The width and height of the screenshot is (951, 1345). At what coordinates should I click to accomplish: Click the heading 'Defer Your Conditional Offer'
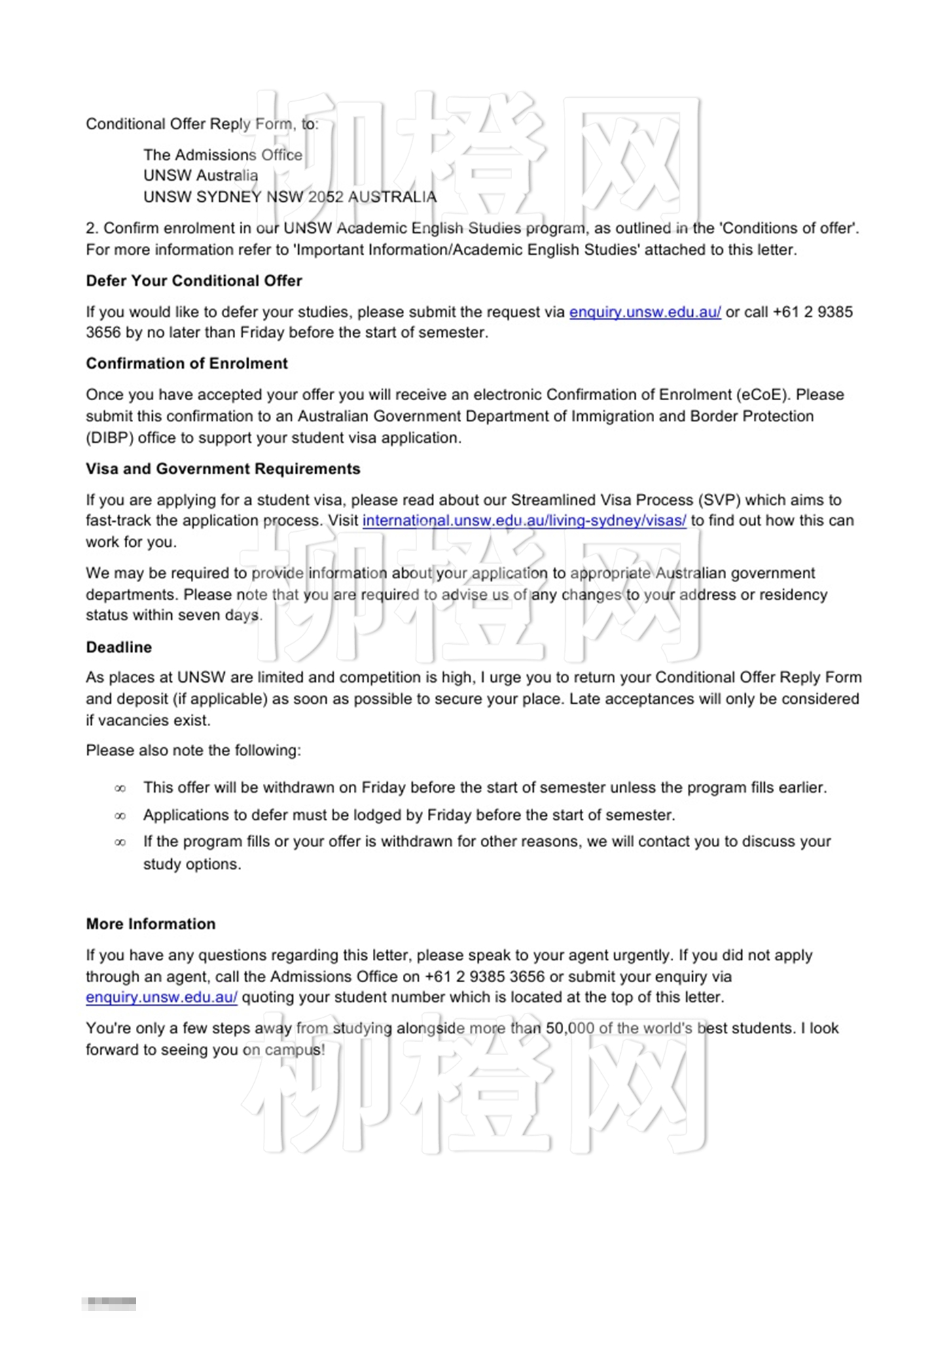194,281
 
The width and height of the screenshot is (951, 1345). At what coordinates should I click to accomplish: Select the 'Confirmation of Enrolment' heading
187,364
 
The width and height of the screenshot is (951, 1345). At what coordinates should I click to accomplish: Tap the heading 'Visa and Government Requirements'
223,469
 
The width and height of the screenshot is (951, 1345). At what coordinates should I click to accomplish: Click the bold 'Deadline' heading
119,647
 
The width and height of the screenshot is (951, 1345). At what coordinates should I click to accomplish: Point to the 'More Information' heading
151,925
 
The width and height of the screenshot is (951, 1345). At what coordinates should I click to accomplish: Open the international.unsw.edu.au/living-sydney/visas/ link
524,521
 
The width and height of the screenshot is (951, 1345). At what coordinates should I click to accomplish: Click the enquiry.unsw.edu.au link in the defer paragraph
645,312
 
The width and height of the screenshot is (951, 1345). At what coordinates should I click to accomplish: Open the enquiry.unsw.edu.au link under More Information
162,998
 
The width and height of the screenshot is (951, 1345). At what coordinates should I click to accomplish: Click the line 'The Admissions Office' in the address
223,156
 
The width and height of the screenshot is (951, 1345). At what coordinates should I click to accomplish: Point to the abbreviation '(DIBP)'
109,438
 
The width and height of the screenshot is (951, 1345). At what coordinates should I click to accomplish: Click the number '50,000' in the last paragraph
570,1028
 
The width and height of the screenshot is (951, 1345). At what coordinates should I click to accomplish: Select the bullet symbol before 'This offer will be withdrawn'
120,789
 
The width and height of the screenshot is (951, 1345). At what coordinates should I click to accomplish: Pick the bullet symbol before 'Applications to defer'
120,816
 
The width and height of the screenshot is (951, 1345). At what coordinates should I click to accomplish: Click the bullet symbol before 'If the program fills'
120,842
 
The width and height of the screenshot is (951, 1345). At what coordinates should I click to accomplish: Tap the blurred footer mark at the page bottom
109,1304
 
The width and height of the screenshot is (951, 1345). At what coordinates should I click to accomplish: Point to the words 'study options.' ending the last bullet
192,865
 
